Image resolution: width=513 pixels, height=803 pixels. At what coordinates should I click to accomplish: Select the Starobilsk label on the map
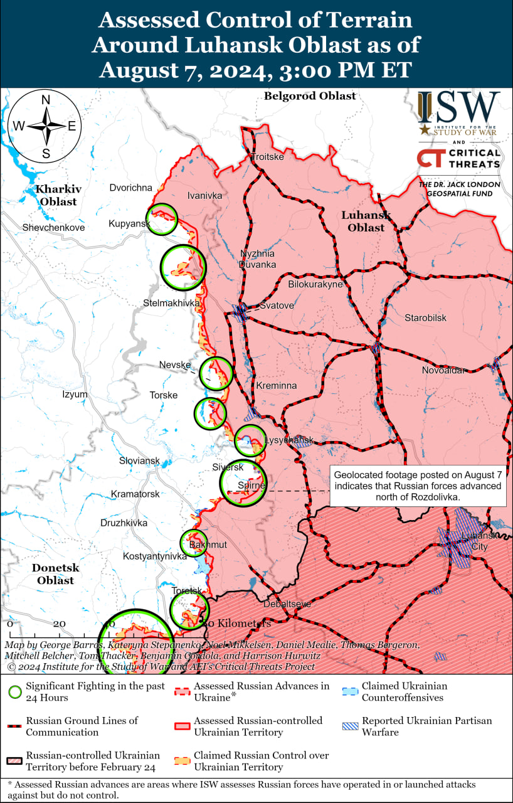[x=425, y=318]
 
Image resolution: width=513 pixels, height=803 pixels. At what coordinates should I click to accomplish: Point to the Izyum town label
[x=75, y=394]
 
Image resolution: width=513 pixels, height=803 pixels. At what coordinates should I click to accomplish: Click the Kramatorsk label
[x=135, y=494]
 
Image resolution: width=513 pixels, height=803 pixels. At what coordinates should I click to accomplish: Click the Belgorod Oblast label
[x=310, y=96]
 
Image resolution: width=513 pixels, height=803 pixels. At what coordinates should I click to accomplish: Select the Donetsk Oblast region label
[x=55, y=573]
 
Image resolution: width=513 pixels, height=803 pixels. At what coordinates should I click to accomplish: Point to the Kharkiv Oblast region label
[x=56, y=195]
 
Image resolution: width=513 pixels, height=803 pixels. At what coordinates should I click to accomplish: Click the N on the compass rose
[x=46, y=100]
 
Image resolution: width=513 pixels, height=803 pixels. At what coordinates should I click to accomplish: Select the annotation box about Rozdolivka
[x=418, y=486]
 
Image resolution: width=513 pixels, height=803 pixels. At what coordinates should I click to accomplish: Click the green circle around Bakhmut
[x=194, y=543]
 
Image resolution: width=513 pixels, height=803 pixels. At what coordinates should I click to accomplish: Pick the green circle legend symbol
[x=15, y=692]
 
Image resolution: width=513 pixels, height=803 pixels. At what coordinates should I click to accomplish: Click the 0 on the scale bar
[x=9, y=624]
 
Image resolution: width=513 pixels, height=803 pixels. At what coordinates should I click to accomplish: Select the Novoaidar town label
[x=443, y=370]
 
